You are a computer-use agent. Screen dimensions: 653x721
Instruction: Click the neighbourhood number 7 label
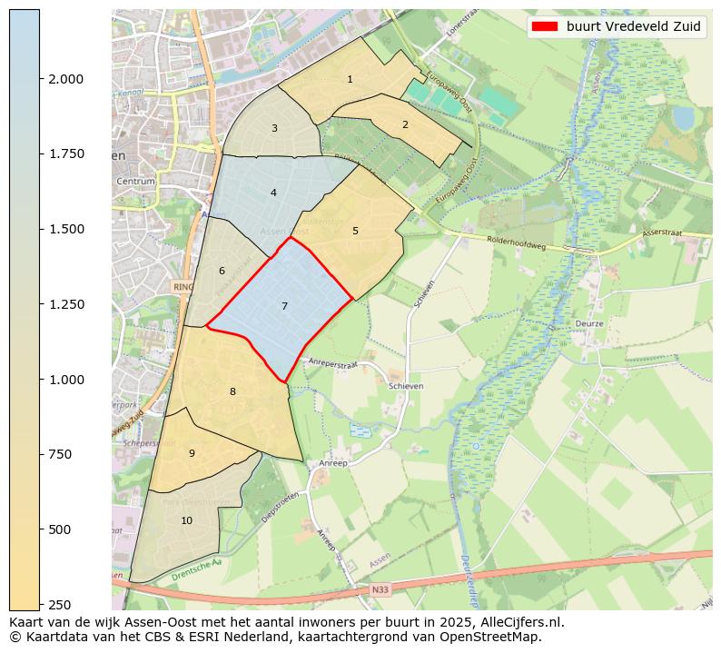pos(284,307)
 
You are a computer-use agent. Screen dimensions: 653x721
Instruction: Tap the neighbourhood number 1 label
pos(350,80)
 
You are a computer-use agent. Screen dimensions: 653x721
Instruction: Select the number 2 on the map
pos(405,125)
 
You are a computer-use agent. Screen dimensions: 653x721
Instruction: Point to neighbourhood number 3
pos(274,129)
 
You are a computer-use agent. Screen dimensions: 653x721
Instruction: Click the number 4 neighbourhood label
pos(273,193)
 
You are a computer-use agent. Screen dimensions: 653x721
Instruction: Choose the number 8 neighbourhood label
pos(232,392)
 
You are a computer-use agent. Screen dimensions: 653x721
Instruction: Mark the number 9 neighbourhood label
pos(192,453)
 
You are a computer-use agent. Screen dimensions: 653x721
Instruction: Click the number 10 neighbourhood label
pos(186,520)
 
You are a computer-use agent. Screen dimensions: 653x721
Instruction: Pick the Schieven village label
pos(406,386)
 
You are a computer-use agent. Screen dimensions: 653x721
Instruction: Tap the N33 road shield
pos(380,589)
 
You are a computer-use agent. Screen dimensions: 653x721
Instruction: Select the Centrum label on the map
pos(136,182)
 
